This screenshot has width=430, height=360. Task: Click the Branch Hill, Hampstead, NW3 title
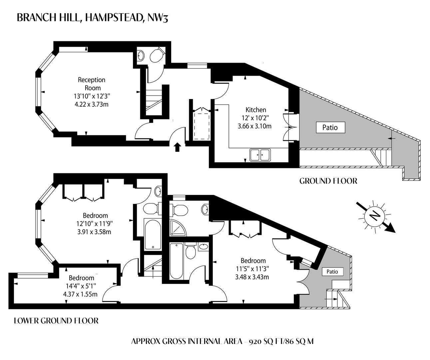[92, 18]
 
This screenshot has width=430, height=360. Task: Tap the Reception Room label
[92, 84]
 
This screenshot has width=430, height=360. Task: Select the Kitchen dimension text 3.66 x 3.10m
[254, 126]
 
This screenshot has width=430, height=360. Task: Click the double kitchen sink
[260, 155]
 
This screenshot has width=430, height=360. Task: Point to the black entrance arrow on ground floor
[178, 147]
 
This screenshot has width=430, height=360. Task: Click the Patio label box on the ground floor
[330, 127]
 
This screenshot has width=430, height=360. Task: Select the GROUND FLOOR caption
[328, 181]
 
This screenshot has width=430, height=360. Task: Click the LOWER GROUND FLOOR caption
[56, 321]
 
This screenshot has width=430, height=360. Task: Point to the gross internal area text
[222, 341]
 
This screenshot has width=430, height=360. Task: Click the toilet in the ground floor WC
[157, 55]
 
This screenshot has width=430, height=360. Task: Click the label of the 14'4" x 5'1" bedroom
[81, 278]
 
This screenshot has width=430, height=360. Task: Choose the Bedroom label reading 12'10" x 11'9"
[95, 215]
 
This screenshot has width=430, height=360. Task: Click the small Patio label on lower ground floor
[332, 272]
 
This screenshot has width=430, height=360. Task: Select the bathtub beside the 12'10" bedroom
[153, 234]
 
